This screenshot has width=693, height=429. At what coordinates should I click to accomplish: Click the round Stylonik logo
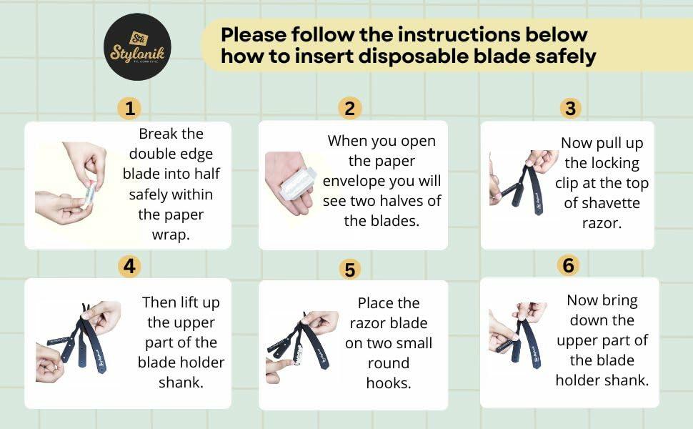point(137,47)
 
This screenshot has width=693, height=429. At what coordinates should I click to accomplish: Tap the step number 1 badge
point(129,109)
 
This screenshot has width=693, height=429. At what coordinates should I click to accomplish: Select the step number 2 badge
point(349,109)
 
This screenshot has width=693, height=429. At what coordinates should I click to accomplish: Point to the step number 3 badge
point(570,109)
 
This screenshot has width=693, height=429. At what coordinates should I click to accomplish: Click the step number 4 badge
point(129,266)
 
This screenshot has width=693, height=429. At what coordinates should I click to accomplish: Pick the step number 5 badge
point(349,270)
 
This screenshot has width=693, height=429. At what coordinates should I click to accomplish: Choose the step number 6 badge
point(569,265)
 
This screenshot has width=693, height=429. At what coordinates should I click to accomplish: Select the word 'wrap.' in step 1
point(171,235)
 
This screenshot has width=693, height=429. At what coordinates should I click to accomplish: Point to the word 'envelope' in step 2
point(354,182)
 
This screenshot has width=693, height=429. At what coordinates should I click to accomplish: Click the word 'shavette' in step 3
point(602,203)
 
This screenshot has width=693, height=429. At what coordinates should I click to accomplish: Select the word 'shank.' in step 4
point(181,382)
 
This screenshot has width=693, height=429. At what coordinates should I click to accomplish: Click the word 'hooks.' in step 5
point(389,383)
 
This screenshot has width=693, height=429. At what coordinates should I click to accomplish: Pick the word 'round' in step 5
point(389,363)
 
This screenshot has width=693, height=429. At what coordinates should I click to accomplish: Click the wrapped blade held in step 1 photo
point(90,193)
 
